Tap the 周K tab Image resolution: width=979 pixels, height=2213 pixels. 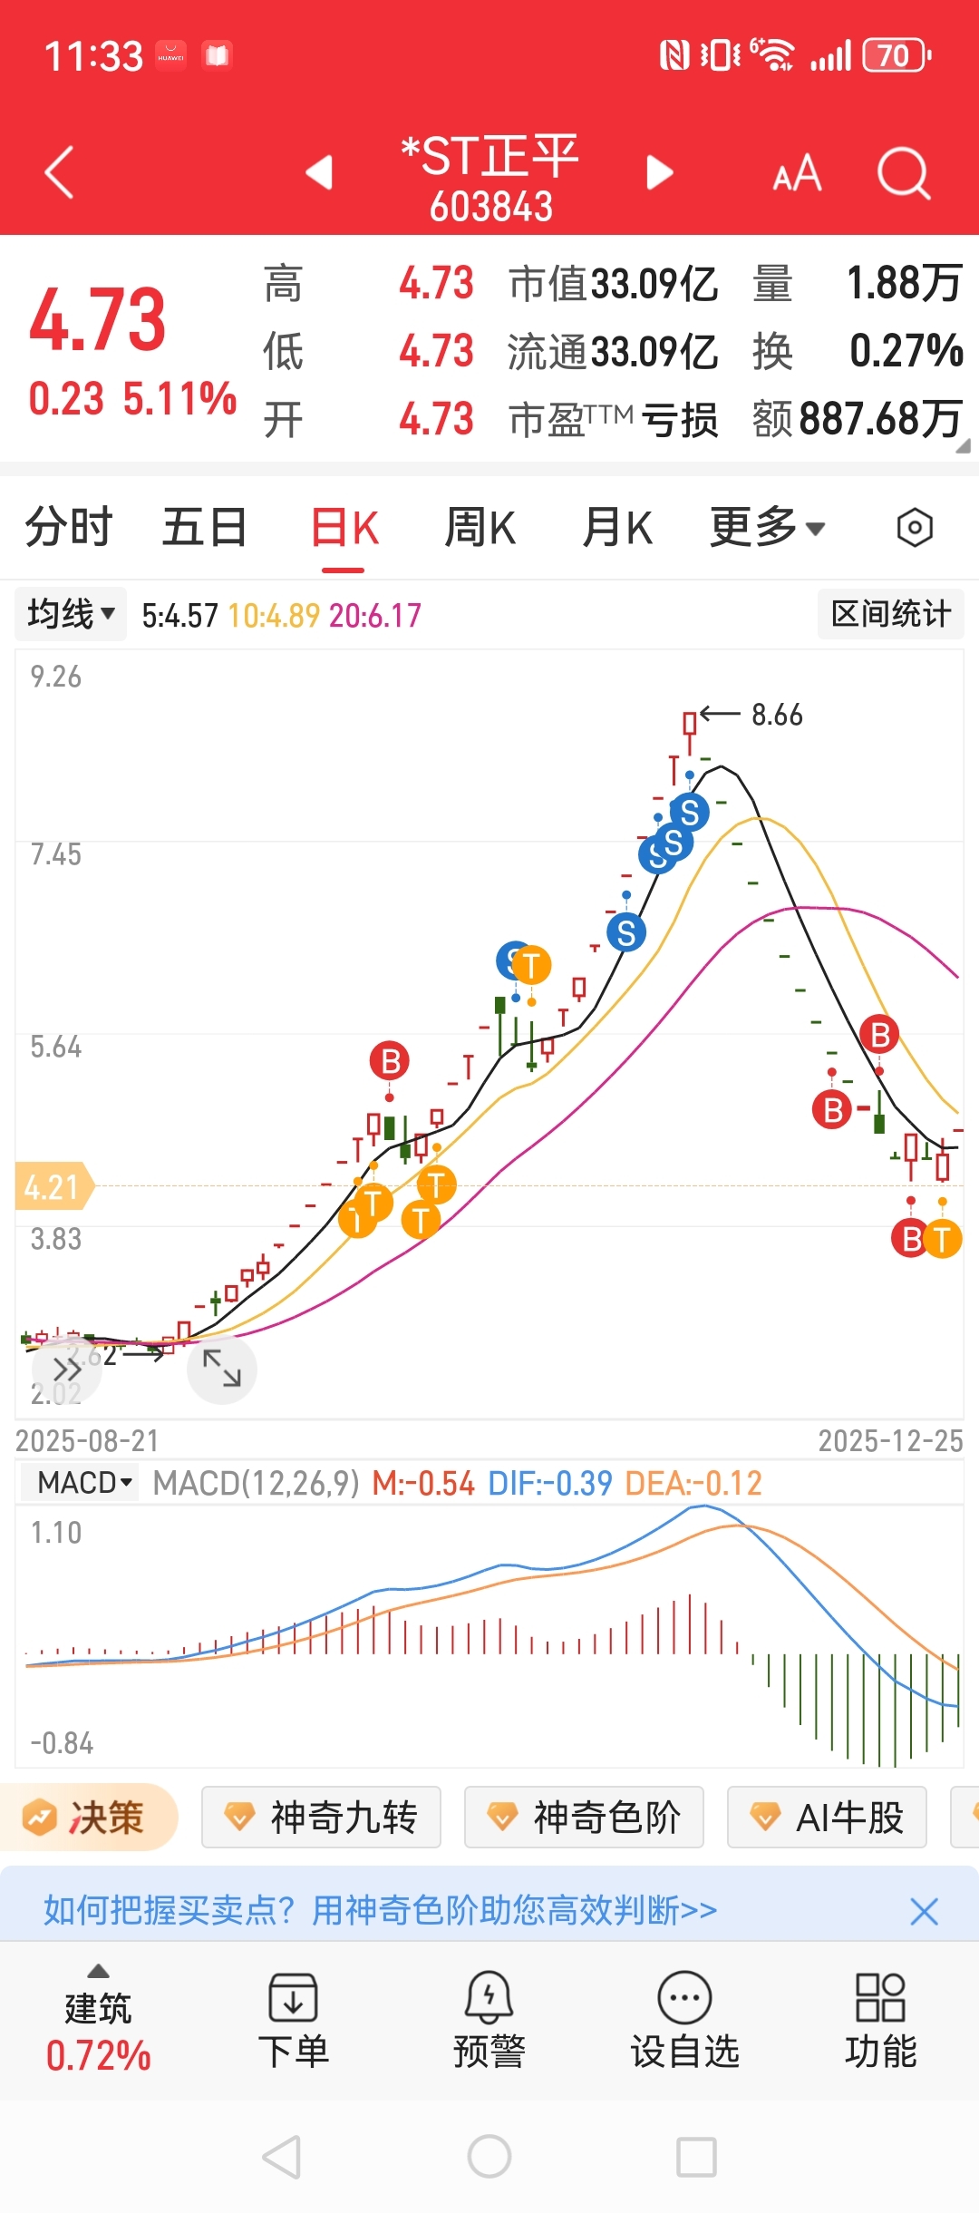(x=480, y=528)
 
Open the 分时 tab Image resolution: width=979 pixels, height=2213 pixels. (x=68, y=528)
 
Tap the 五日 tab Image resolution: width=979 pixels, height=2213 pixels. (x=205, y=528)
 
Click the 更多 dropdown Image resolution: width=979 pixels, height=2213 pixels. (x=767, y=528)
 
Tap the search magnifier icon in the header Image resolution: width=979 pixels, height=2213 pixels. (x=903, y=172)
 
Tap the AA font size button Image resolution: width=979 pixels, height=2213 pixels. (x=797, y=172)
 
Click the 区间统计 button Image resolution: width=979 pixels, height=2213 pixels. (x=890, y=614)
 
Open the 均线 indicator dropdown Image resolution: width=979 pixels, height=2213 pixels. (x=71, y=614)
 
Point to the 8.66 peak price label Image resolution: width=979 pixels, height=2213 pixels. (x=777, y=715)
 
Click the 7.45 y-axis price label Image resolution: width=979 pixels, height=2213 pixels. (x=55, y=854)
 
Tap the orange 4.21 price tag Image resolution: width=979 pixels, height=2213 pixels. (x=53, y=1186)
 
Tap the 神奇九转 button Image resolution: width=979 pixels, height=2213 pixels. (x=321, y=1818)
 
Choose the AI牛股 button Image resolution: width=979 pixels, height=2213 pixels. (x=827, y=1818)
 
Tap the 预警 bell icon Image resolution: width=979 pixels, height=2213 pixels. (x=489, y=1998)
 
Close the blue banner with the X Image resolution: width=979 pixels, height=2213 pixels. (x=924, y=1912)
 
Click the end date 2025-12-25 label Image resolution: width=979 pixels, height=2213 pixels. (x=890, y=1441)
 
